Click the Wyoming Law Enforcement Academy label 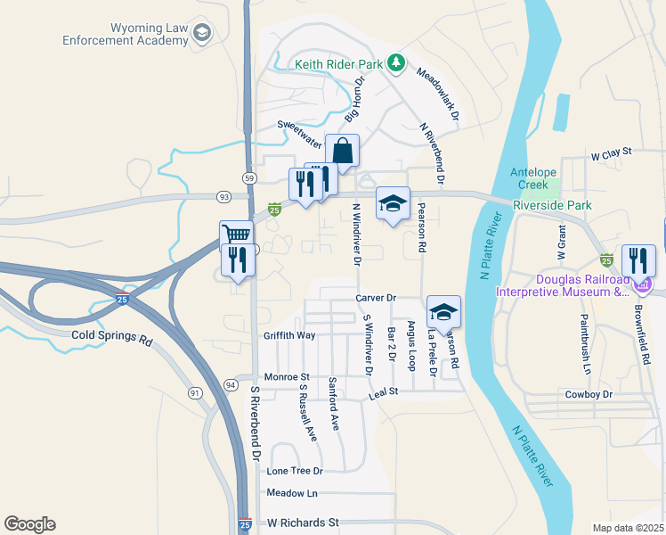point(125,34)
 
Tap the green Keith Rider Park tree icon point(397,63)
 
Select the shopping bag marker point(342,152)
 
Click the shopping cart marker point(236,236)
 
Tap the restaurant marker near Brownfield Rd point(638,259)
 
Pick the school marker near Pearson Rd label point(393,202)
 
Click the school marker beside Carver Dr point(443,311)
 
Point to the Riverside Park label point(552,205)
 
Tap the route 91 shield point(195,392)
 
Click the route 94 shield point(231,384)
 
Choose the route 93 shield point(223,196)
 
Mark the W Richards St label point(305,522)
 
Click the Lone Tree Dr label point(294,470)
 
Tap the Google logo point(29,524)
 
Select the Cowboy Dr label point(589,394)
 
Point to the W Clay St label point(611,153)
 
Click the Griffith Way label point(289,335)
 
